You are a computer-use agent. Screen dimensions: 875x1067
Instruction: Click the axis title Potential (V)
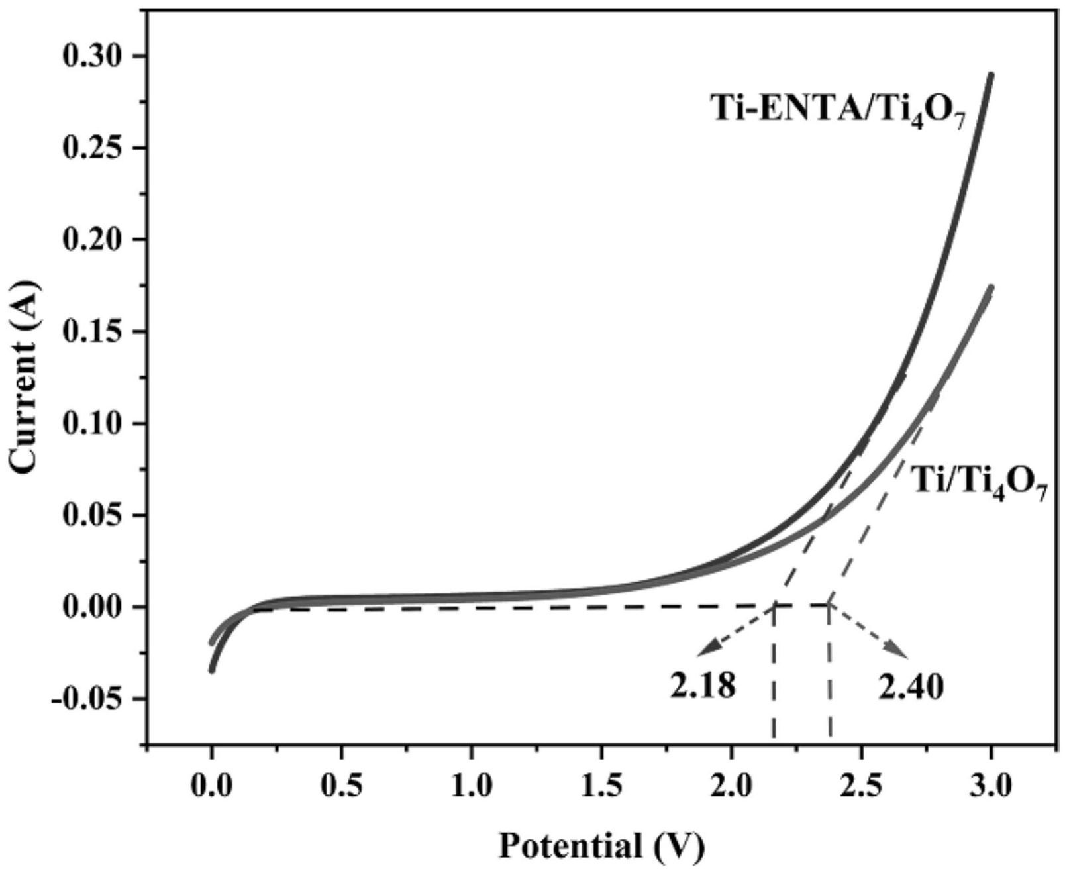[601, 847]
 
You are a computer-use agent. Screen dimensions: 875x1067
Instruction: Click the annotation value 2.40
[911, 688]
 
